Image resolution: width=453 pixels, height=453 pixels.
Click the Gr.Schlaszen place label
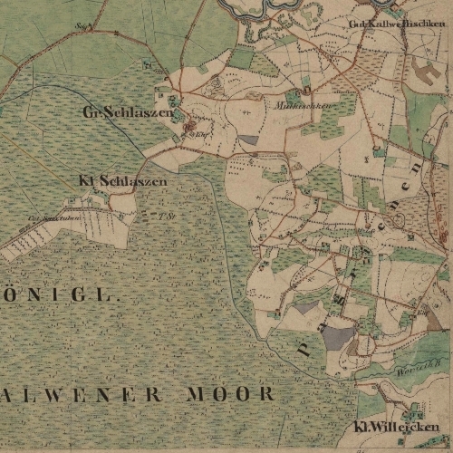click(126, 112)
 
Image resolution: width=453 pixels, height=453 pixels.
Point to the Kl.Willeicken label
click(396, 427)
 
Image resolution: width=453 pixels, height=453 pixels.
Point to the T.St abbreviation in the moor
click(164, 216)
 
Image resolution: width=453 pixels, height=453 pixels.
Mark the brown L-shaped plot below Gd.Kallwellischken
click(426, 67)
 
